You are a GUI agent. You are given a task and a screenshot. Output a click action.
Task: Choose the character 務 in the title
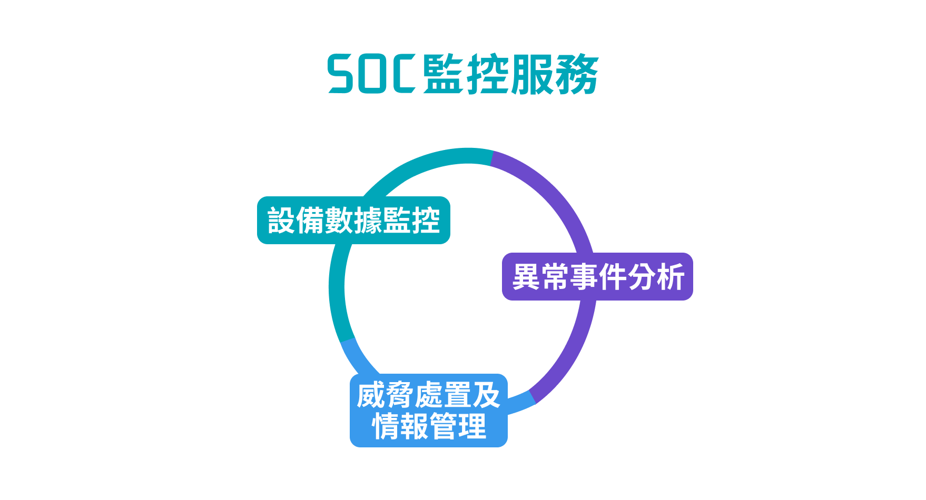tap(576, 74)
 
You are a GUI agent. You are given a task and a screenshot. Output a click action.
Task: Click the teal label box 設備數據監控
tap(353, 220)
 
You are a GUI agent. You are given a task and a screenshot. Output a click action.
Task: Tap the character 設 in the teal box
tap(282, 220)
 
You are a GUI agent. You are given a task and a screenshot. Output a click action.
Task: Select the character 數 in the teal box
tap(339, 220)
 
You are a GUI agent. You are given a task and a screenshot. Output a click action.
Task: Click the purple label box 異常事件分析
tap(597, 277)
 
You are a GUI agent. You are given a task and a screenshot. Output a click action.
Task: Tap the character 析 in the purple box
tap(670, 277)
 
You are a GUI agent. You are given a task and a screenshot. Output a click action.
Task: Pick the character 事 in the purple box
tap(584, 277)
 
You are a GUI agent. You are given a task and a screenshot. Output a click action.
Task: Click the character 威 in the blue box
tap(371, 396)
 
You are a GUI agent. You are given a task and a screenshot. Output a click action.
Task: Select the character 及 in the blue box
tap(486, 396)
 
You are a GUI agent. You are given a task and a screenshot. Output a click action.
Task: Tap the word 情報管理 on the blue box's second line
tap(429, 426)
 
